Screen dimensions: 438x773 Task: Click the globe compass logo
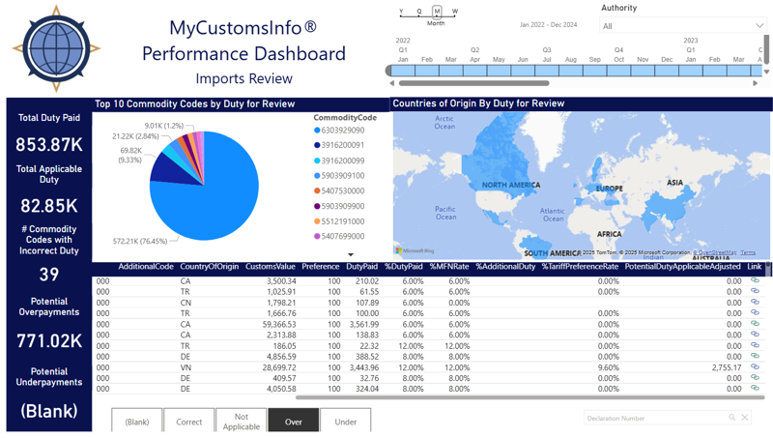tap(56, 49)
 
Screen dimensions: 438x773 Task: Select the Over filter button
tap(293, 422)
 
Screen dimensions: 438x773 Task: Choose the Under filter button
tap(345, 422)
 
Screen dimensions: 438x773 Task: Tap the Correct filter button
tap(189, 422)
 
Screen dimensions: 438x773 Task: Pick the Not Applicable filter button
tap(241, 422)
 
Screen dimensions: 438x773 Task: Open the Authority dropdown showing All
tap(681, 25)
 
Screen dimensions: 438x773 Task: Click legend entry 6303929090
tap(342, 130)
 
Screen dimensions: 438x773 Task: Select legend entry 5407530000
tap(342, 190)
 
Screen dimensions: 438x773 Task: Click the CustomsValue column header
tap(271, 267)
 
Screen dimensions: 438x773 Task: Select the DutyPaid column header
tap(361, 267)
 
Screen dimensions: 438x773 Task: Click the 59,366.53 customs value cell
tap(272, 324)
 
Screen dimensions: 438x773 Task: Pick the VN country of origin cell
tap(186, 367)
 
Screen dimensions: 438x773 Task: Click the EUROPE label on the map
tap(610, 189)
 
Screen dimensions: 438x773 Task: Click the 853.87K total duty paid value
tap(49, 144)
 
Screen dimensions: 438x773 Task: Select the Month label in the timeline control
tap(436, 23)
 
